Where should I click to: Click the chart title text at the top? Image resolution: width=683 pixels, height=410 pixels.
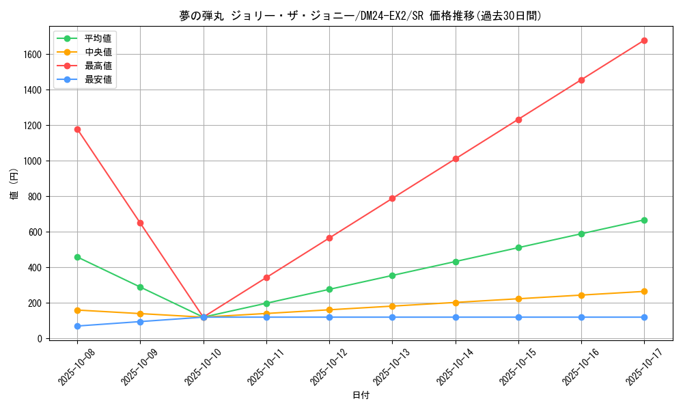(x=361, y=16)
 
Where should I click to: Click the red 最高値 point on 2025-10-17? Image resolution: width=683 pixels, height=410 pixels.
(x=644, y=40)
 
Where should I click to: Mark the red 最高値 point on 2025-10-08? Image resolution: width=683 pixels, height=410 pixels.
(x=77, y=129)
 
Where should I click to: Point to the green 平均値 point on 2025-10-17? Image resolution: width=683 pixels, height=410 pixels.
(x=644, y=220)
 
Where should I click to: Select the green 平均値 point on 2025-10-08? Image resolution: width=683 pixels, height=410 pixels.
(x=77, y=257)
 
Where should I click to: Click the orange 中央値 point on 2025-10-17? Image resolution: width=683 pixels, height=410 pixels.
(x=644, y=291)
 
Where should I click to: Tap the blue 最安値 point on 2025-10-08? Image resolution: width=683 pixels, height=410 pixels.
(x=77, y=326)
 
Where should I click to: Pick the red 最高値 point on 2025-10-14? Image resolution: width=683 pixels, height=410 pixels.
(x=456, y=159)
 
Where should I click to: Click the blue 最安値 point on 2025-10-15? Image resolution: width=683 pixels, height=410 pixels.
(x=518, y=317)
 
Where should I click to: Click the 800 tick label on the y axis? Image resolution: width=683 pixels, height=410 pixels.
(x=36, y=196)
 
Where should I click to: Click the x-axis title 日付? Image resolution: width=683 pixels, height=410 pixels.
(x=361, y=396)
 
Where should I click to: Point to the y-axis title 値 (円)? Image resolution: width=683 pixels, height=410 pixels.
(x=14, y=184)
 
